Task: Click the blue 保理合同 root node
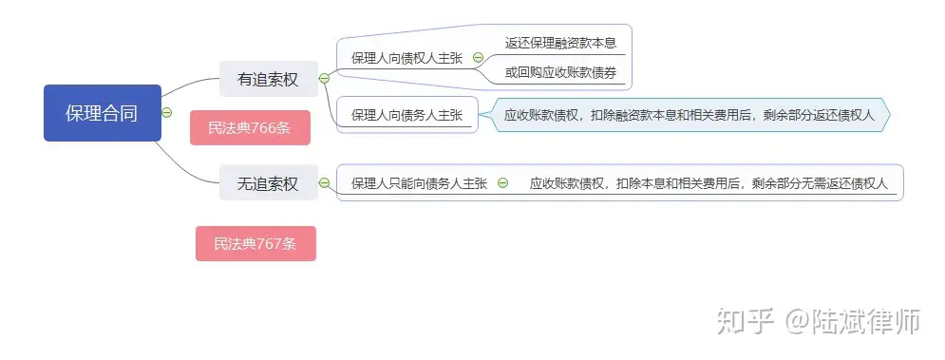coord(102,113)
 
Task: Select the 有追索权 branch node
coord(267,79)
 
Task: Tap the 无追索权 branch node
coord(267,183)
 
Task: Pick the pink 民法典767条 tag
coord(255,244)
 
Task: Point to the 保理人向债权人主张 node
coord(406,58)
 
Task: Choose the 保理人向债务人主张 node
coord(406,115)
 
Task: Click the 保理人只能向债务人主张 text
coord(419,183)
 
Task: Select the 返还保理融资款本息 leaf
coord(560,43)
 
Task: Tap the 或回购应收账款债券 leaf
coord(560,72)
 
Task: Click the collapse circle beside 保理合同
coord(167,112)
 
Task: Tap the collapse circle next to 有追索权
coord(324,79)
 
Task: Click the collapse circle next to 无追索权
coord(324,183)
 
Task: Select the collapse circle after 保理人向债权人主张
coord(478,58)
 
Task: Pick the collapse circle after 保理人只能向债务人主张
coord(502,183)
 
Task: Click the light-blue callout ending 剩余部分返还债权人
coord(688,115)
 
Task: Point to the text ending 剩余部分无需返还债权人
coord(709,183)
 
